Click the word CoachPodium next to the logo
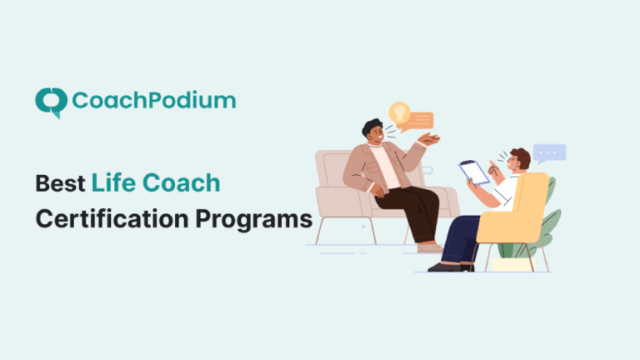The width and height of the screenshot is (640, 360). click(154, 101)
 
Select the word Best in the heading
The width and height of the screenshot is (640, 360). click(60, 183)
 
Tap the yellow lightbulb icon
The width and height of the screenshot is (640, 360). click(400, 113)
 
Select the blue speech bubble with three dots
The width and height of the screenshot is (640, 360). click(550, 152)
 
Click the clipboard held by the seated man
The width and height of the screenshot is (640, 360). click(475, 172)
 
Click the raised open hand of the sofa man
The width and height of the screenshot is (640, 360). click(429, 139)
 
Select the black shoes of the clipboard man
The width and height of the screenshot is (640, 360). click(447, 267)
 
